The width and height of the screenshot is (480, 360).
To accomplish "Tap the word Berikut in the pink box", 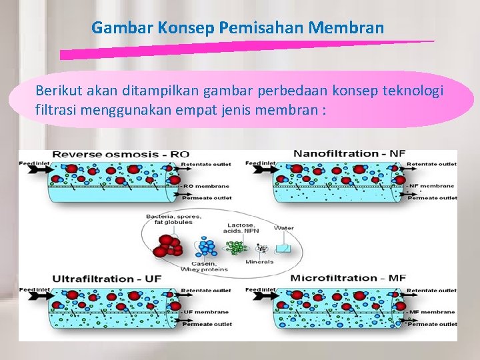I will coord(57,90).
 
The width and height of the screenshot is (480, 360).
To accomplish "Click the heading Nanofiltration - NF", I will coord(349,154).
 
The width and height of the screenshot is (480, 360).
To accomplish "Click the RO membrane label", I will coord(206,186).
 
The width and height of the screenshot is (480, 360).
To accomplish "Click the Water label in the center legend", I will coord(284,228).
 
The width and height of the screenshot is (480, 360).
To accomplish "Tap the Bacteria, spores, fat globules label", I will coord(170,218).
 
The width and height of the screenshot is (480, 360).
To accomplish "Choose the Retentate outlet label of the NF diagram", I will coord(432,163).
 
